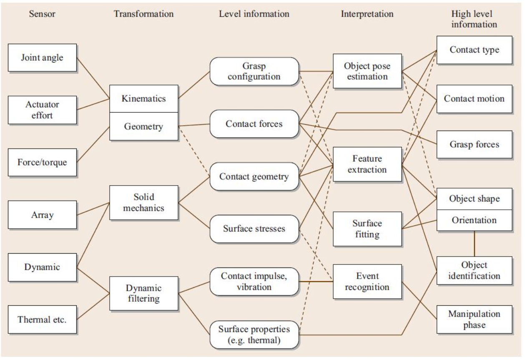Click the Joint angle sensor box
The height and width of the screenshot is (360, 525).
pyautogui.click(x=42, y=58)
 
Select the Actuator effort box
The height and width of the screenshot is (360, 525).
pyautogui.click(x=42, y=110)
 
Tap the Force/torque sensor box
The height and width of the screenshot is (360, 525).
pyautogui.click(x=42, y=162)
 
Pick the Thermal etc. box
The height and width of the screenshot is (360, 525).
pyautogui.click(x=42, y=319)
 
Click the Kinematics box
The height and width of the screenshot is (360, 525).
pyautogui.click(x=144, y=98)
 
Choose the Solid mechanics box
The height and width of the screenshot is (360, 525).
pyautogui.click(x=144, y=202)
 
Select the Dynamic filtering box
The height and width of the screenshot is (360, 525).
pyautogui.click(x=144, y=293)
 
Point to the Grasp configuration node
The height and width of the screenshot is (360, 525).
pyautogui.click(x=254, y=71)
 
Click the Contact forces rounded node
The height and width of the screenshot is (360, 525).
pyautogui.click(x=254, y=123)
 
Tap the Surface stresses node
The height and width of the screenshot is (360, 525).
pyautogui.click(x=254, y=229)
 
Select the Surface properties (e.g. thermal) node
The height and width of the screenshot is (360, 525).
pyautogui.click(x=254, y=335)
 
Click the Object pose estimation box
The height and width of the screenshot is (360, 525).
pyautogui.click(x=367, y=71)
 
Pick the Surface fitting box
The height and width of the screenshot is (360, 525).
pyautogui.click(x=367, y=229)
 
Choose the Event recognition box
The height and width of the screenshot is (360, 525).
pyautogui.click(x=367, y=282)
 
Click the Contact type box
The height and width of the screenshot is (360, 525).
pyautogui.click(x=474, y=50)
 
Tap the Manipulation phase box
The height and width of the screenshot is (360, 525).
pyautogui.click(x=474, y=319)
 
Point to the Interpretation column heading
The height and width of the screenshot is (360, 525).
pyautogui.click(x=367, y=14)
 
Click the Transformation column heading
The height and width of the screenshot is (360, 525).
pyautogui.click(x=144, y=14)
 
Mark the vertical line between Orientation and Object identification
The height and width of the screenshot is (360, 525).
pyautogui.click(x=475, y=244)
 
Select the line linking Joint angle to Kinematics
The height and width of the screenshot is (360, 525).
pyautogui.click(x=93, y=78)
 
